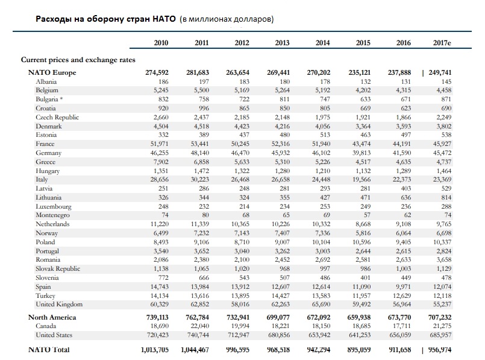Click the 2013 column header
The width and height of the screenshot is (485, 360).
point(282,43)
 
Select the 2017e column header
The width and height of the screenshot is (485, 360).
point(442,43)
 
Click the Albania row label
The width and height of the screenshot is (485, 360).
point(46,82)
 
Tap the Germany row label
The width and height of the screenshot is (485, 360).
point(49,153)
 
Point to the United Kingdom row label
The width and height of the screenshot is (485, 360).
point(59,305)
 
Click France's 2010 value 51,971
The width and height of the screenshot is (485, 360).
point(159,144)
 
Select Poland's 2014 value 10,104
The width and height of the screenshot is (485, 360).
point(321,242)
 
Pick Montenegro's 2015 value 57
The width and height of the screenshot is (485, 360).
point(366,215)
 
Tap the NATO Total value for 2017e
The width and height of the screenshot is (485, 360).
point(440,350)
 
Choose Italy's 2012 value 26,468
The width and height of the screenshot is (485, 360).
point(240,180)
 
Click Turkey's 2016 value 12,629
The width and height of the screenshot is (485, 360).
point(402,296)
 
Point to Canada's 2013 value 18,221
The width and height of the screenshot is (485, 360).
point(281,326)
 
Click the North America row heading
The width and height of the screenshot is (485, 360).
point(52,317)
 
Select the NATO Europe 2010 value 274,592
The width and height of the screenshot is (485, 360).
point(157,72)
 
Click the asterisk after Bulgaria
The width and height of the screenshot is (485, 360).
point(61,98)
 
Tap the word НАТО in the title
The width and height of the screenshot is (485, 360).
point(164,19)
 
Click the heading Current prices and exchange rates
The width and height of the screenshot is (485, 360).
point(78,60)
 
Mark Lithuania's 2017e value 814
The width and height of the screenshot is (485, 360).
point(446,198)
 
